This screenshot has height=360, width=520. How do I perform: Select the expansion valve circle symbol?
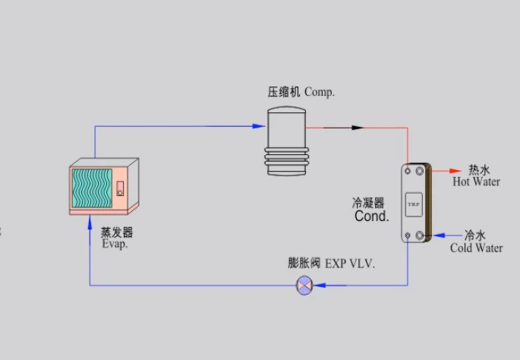304,286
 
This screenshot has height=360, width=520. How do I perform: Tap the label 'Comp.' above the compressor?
320,92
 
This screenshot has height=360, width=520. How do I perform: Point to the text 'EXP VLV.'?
350,264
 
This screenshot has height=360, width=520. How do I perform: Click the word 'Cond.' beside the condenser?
371,216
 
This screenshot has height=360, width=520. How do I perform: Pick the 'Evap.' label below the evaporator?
115,244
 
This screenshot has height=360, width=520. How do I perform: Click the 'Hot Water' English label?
476,182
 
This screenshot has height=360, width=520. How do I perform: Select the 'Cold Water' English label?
476,248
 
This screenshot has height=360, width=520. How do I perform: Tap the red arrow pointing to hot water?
451,170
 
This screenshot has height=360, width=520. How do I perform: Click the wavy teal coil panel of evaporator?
92,188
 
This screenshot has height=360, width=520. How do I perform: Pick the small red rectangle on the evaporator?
119,188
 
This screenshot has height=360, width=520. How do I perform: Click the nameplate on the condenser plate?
413,204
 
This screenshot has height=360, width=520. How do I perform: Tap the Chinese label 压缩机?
284,92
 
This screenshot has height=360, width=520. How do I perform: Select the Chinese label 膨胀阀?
303,264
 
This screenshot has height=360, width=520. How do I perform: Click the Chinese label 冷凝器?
368,203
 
